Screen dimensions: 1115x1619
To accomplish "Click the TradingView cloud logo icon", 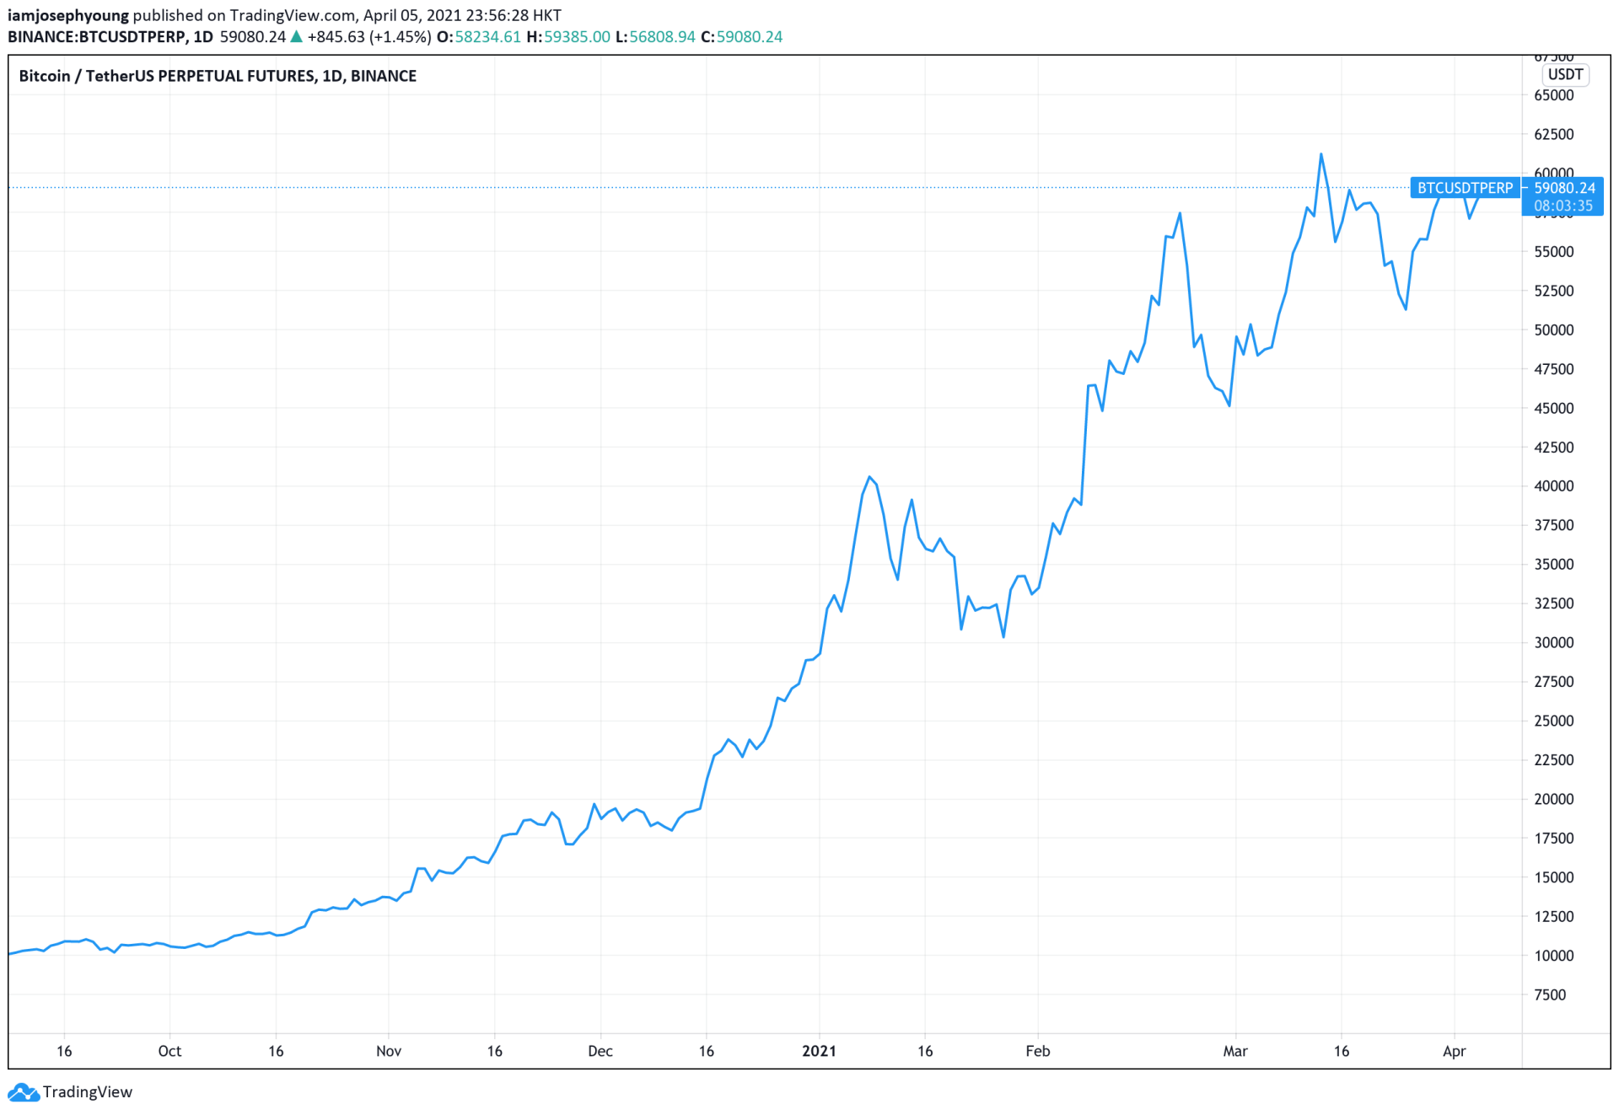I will tap(23, 1092).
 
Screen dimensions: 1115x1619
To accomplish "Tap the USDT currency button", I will tap(1565, 74).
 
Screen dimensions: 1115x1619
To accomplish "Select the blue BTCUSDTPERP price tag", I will tap(1465, 188).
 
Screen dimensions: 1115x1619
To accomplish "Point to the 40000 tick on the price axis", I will tap(1553, 486).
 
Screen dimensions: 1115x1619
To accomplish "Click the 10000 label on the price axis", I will tap(1553, 956).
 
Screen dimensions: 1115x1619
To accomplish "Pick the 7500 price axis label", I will tap(1550, 994).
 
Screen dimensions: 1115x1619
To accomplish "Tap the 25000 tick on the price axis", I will tap(1553, 721).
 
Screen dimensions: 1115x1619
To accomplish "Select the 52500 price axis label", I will tap(1553, 291).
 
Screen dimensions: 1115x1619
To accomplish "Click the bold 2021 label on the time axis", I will tap(819, 1051).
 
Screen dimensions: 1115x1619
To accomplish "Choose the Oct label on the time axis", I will tap(169, 1051).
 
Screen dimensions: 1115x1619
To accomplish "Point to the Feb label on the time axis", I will tap(1037, 1051).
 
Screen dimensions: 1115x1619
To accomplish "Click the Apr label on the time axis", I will tap(1454, 1051).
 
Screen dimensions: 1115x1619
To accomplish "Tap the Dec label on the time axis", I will tap(600, 1051).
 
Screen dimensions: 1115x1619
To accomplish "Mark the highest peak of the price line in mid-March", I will tap(1320, 154).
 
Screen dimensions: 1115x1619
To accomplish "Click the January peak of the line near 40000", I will tap(869, 477).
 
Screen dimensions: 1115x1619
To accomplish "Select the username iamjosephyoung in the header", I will tap(68, 15).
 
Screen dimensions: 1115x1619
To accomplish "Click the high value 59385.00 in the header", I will tap(577, 37).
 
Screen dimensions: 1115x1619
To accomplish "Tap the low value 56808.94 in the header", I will tap(662, 37).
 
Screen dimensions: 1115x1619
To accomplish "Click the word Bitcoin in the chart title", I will tap(45, 76).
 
